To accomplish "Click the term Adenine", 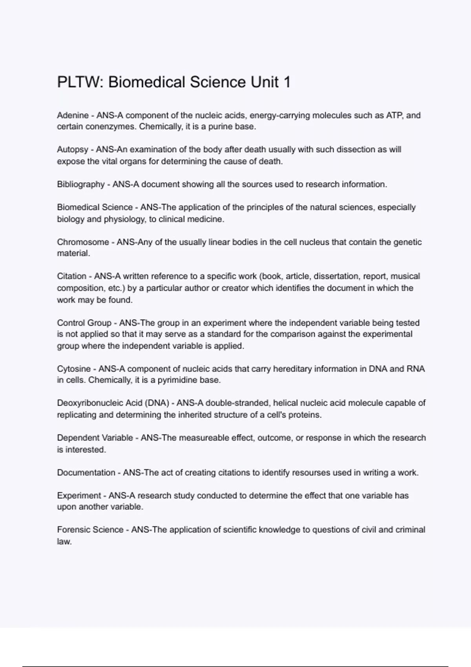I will pyautogui.click(x=73, y=115).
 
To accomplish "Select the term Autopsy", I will pyautogui.click(x=73, y=150).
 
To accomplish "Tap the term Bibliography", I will pyautogui.click(x=80, y=184).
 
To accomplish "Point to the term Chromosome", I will pyautogui.click(x=83, y=242).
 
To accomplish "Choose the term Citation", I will pyautogui.click(x=71, y=276).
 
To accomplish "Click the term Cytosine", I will pyautogui.click(x=74, y=369).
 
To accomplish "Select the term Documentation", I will pyautogui.click(x=86, y=473).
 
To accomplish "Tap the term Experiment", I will pyautogui.click(x=79, y=496).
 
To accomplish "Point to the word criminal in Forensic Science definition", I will pyautogui.click(x=410, y=530).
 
